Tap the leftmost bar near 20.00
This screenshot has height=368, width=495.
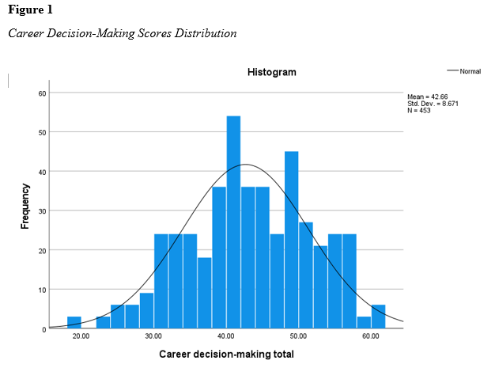click(x=74, y=322)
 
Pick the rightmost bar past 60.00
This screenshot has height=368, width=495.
click(x=378, y=317)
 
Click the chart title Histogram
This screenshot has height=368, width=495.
click(x=271, y=72)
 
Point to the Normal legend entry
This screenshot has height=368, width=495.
click(x=470, y=72)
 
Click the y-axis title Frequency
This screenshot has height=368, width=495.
click(x=25, y=207)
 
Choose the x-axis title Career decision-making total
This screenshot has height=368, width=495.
click(x=226, y=354)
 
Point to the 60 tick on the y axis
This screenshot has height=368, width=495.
click(x=43, y=93)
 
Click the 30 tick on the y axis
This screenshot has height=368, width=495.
click(x=43, y=211)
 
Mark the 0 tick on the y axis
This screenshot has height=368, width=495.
click(x=45, y=328)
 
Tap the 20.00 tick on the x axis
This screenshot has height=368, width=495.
click(x=81, y=337)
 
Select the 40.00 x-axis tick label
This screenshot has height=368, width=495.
click(x=226, y=337)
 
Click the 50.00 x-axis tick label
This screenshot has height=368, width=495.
click(x=299, y=337)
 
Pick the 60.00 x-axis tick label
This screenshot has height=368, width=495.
click(x=371, y=337)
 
